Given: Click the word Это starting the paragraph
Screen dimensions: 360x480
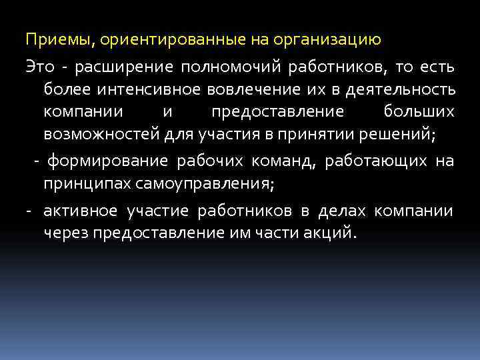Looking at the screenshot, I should pos(39,67).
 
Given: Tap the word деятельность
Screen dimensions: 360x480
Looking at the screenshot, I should pos(405,90).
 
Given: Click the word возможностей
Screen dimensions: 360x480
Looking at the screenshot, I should pos(103,135).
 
